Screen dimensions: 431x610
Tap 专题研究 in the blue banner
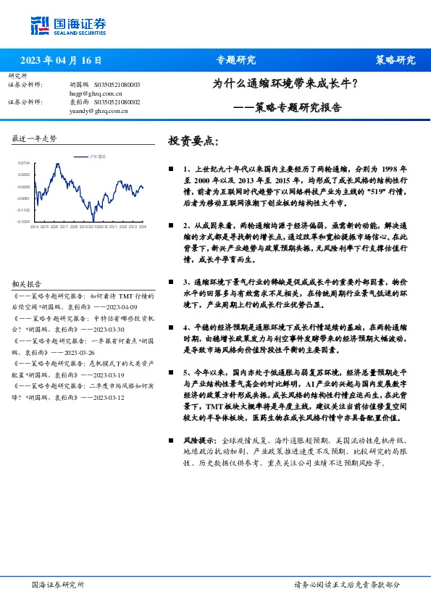click(236, 60)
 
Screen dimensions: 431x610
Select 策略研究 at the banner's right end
click(395, 60)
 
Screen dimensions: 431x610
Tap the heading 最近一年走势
click(34, 138)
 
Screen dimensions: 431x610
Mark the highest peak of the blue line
click(57, 166)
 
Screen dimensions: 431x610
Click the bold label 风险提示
click(199, 440)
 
